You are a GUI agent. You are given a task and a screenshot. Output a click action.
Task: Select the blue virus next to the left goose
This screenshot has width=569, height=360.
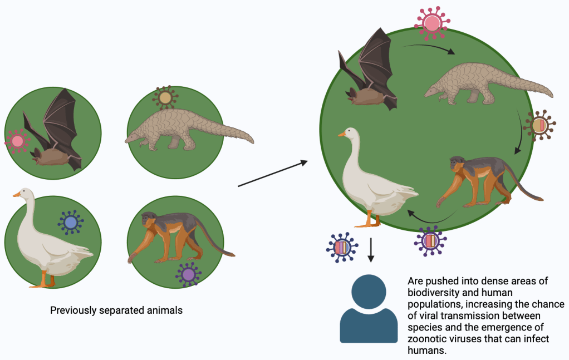tap(71, 224)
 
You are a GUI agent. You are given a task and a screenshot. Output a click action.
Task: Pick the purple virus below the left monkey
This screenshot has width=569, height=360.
tap(188, 274)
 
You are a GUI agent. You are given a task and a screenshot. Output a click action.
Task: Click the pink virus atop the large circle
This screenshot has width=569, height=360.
tap(431, 22)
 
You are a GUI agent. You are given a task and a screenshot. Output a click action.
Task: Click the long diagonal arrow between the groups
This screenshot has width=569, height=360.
tap(273, 174)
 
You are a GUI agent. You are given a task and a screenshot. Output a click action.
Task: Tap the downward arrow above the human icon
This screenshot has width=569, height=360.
tap(371, 250)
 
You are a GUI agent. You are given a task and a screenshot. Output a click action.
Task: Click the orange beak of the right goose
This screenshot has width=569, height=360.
tap(341, 134)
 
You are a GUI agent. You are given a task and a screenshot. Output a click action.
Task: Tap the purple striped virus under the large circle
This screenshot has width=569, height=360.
tap(430, 241)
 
